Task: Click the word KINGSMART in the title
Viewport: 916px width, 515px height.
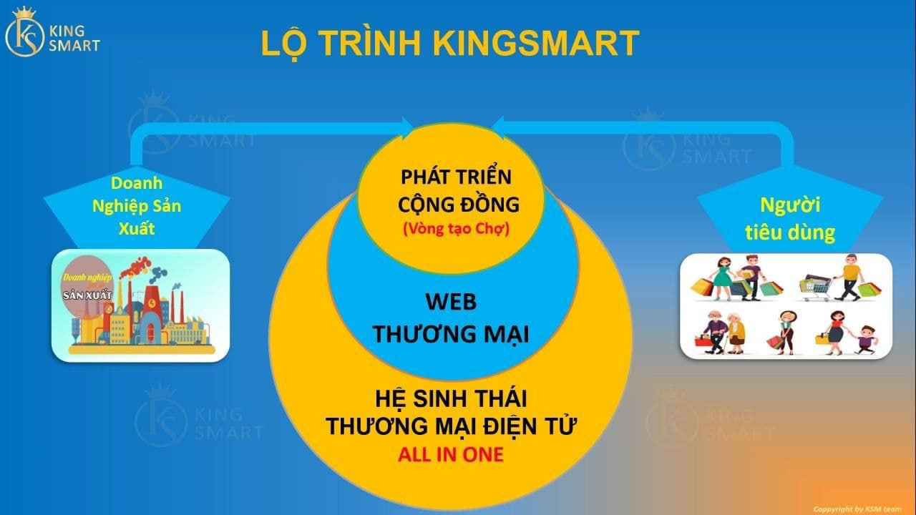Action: pos(536,43)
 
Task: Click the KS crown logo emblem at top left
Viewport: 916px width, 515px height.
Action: pos(24,33)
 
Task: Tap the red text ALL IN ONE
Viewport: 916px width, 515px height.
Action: pos(451,454)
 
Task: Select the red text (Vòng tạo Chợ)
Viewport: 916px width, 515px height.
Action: pos(457,229)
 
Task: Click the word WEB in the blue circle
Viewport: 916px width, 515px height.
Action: pos(451,302)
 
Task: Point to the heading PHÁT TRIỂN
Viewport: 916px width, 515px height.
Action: pos(456,177)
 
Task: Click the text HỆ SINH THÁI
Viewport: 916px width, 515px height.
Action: pos(451,399)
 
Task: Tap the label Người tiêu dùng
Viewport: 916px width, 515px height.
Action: pos(790,219)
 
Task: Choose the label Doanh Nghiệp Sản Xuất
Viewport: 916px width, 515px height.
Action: pos(137,205)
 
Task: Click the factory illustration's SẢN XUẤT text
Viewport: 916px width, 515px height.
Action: pos(87,295)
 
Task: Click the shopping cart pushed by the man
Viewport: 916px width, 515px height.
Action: pos(816,288)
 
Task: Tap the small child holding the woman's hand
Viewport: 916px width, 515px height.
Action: pos(864,339)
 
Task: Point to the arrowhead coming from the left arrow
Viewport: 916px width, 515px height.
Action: pos(407,127)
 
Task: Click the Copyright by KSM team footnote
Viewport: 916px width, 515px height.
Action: pos(857,509)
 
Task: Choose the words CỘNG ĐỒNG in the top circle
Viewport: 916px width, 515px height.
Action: pos(459,205)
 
